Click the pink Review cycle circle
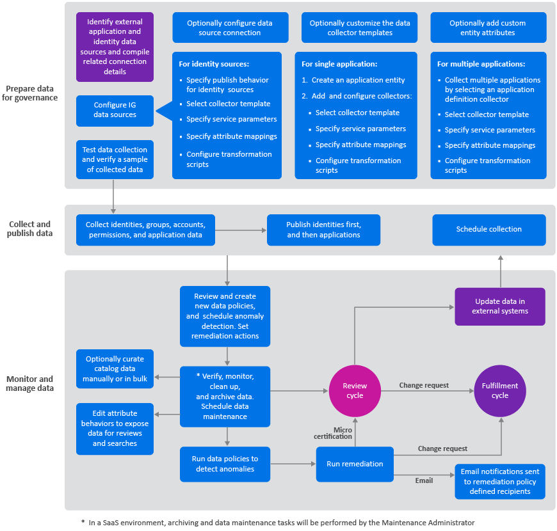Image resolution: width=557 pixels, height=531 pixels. tap(354, 391)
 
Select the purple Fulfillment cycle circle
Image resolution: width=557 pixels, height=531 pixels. tap(500, 391)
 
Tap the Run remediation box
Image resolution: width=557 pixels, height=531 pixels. tap(354, 464)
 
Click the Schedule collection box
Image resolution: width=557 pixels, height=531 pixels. tap(488, 230)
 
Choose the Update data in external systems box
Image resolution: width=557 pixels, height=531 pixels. tap(499, 306)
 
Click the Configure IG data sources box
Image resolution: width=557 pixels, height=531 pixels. tap(115, 111)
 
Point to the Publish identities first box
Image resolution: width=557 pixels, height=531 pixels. tap(323, 230)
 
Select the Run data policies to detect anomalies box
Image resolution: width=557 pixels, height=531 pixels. tap(225, 464)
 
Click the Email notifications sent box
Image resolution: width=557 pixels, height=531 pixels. tap(499, 481)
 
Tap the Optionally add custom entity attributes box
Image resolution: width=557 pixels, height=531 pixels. tap(488, 28)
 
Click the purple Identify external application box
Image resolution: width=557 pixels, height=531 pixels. tap(115, 47)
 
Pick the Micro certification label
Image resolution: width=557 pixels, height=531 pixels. tap(333, 433)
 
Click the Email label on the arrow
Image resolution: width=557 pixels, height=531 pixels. tap(424, 480)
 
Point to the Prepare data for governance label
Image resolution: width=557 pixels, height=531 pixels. tap(31, 93)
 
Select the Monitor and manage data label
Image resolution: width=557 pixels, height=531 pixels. tap(29, 384)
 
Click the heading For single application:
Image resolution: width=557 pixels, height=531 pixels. tap(339, 64)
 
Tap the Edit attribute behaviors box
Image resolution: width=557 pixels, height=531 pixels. tap(115, 429)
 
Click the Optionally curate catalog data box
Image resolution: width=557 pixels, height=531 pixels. tap(115, 369)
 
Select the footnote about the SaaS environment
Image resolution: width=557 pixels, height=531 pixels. tap(278, 523)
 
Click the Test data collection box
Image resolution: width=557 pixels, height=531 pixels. tap(115, 159)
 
